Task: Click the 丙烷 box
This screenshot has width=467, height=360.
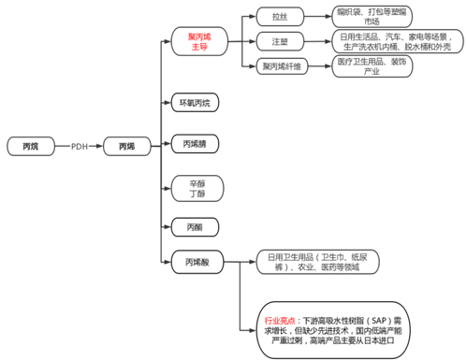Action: (x=30, y=147)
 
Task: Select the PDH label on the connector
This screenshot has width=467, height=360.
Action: (x=79, y=147)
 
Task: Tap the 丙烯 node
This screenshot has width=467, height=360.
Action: (x=126, y=147)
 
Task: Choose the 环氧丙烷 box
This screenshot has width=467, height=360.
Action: (x=196, y=101)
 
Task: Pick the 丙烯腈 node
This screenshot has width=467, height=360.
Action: (x=196, y=143)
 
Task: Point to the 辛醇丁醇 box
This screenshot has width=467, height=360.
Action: (x=196, y=186)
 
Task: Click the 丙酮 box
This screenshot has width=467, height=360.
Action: (x=196, y=227)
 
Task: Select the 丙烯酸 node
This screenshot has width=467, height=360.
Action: (x=196, y=264)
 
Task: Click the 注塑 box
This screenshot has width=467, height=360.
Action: (x=280, y=42)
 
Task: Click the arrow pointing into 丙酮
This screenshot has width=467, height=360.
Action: (x=166, y=227)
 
